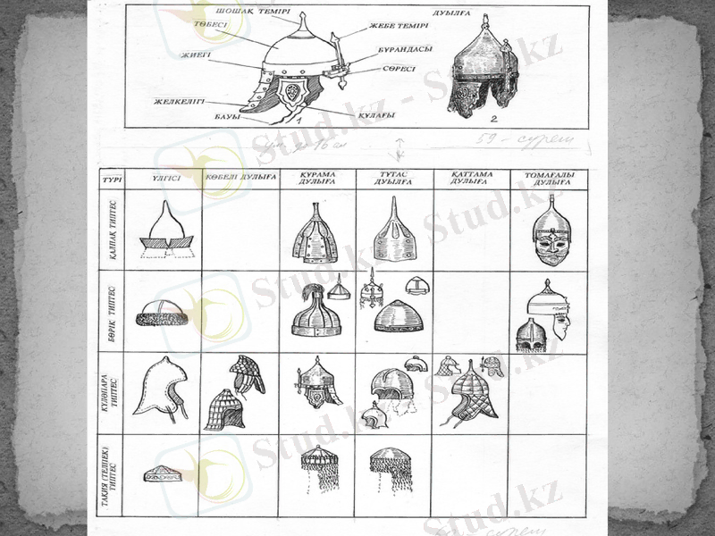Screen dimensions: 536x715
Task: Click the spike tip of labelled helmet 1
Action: [304, 17]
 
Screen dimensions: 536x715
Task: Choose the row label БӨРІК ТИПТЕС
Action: [113, 312]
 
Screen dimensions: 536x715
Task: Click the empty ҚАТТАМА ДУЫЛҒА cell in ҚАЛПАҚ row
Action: [471, 230]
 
